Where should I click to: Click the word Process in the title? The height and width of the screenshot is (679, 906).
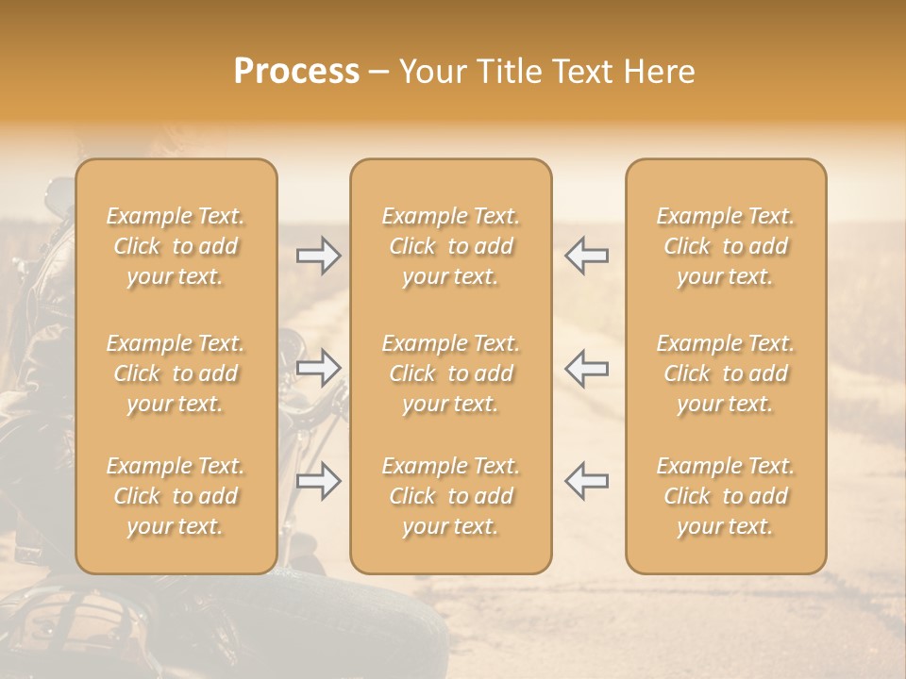point(296,72)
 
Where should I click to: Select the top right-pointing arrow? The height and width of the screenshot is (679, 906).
point(319,256)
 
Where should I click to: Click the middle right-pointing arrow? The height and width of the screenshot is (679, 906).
point(319,368)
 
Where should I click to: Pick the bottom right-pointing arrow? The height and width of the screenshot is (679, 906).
point(319,481)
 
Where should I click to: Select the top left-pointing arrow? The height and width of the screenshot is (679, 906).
point(586,256)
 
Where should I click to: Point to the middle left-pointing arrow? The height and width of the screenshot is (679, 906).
point(586,368)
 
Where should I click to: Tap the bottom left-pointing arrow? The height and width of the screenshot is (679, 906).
point(586,481)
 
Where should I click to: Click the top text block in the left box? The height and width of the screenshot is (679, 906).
point(176,246)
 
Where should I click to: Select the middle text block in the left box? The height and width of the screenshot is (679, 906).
point(176,373)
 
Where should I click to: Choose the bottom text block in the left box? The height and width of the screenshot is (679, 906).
point(176,496)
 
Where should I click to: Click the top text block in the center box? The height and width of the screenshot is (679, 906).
point(451,246)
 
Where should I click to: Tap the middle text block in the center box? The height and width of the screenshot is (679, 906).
point(451,373)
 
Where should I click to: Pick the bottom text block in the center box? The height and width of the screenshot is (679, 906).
point(451,496)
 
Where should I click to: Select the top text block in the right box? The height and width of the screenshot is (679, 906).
point(726,246)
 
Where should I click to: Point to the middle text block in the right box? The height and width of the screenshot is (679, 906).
point(726,373)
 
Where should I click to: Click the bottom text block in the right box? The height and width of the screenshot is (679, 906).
point(726,496)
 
